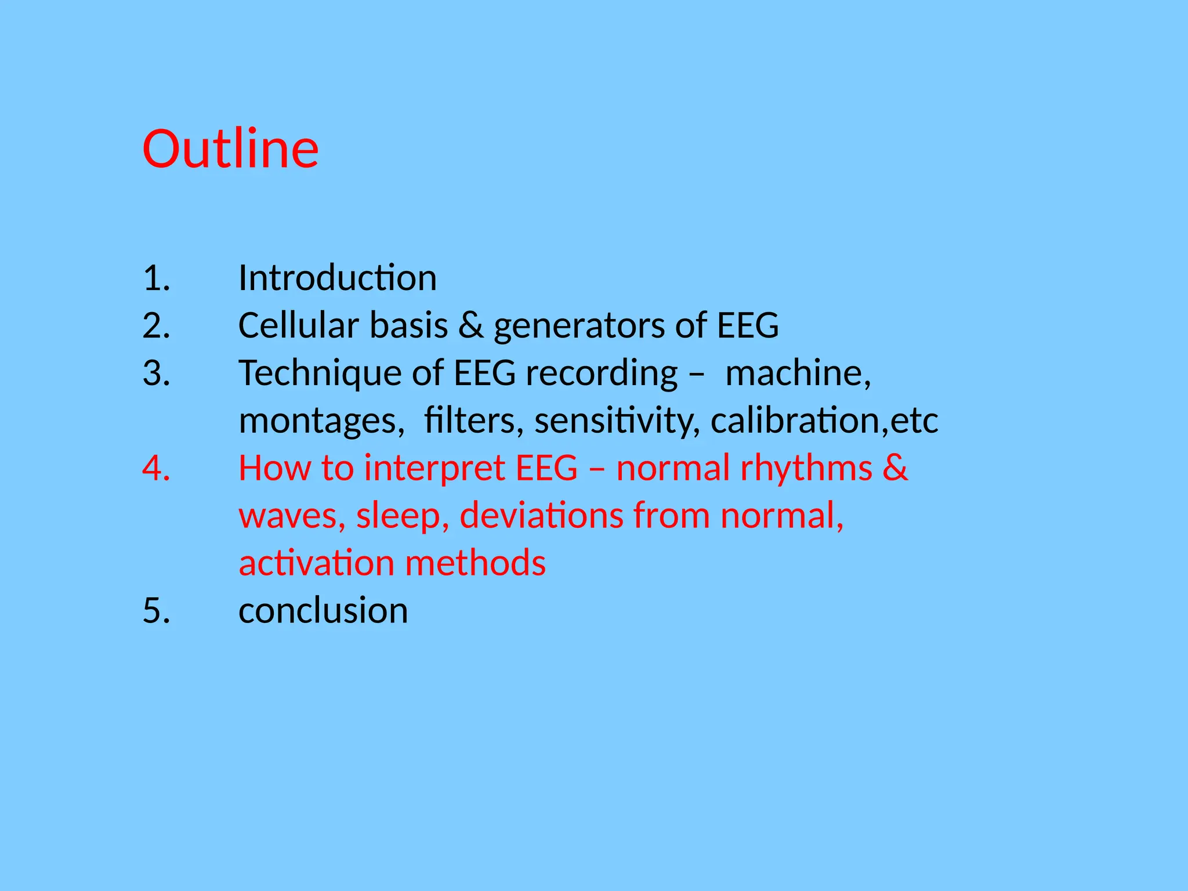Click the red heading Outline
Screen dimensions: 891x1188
click(230, 149)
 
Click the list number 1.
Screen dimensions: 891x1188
click(155, 278)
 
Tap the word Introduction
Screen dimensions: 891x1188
click(337, 278)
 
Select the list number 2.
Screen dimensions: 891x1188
click(155, 325)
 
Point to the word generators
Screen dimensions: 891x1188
click(578, 327)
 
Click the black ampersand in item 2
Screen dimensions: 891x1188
click(470, 325)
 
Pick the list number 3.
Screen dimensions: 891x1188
click(155, 373)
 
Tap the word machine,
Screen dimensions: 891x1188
click(798, 373)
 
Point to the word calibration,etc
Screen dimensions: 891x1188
click(824, 421)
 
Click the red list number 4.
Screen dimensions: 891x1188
click(155, 468)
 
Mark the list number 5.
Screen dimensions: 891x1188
click(155, 611)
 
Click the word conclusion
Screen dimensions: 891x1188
click(323, 611)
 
